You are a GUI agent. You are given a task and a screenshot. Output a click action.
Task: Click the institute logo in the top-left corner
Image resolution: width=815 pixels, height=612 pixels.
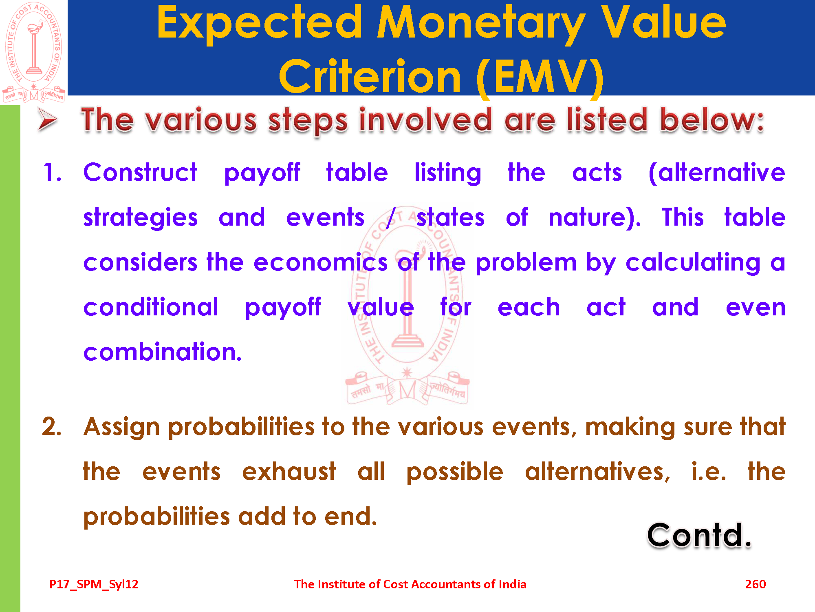[x=34, y=52]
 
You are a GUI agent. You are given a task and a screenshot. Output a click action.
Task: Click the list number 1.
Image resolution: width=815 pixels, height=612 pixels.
[x=52, y=172]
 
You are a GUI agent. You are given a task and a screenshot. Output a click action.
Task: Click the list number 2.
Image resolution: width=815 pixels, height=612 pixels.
[x=52, y=427]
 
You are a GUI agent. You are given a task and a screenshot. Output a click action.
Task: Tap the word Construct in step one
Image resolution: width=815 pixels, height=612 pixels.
[x=140, y=172]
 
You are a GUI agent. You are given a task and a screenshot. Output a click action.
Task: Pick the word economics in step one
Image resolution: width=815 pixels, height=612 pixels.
[x=320, y=262]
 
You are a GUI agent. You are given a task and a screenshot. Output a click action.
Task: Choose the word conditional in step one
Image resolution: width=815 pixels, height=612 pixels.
[x=151, y=307]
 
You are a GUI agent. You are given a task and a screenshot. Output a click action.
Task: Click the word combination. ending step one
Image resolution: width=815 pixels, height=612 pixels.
[x=162, y=352]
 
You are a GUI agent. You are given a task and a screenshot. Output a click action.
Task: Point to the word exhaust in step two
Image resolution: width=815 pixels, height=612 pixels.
[x=289, y=472]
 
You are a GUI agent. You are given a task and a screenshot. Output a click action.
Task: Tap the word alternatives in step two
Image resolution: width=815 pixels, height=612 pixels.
[x=597, y=472]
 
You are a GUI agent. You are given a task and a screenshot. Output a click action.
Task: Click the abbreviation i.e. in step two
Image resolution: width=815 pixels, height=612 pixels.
[x=709, y=472]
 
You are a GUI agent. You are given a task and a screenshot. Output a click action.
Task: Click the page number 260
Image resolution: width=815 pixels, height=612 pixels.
[x=756, y=584]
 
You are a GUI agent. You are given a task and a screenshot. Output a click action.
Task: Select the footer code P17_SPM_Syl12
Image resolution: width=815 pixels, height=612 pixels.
[x=94, y=584]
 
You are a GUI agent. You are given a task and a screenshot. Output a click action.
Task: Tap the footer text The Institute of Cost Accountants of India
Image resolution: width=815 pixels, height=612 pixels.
[x=410, y=584]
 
